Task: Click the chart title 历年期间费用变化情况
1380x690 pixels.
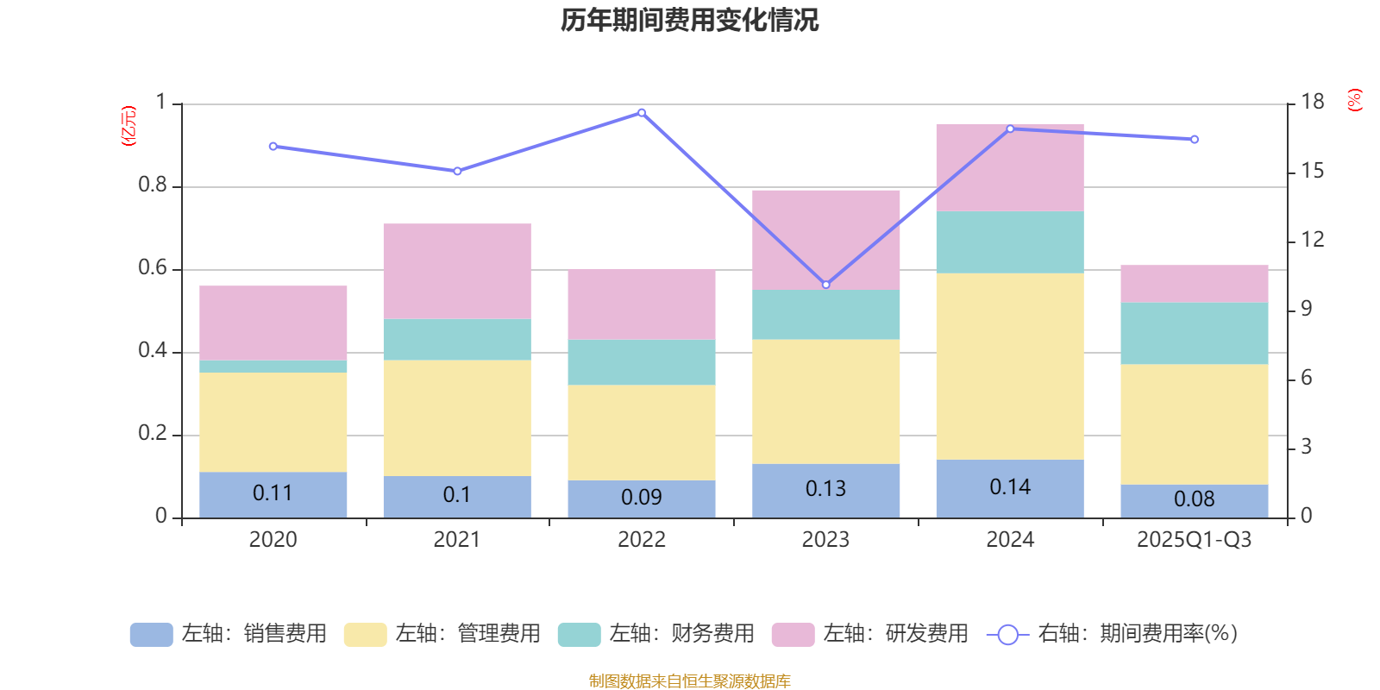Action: click(689, 20)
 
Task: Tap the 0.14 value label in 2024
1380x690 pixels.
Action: click(1010, 487)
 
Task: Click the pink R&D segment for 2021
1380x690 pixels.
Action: click(457, 271)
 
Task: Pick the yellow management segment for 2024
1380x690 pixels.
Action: click(1010, 367)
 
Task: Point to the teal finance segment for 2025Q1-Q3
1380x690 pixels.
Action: click(1195, 333)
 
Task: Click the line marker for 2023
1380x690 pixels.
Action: click(825, 285)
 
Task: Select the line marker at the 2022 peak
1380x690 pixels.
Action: click(642, 113)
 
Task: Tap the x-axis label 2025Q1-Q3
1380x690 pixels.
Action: click(1194, 540)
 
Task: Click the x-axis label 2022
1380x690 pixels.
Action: click(642, 540)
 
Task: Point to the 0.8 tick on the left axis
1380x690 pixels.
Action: click(152, 185)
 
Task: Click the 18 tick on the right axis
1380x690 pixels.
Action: click(1313, 102)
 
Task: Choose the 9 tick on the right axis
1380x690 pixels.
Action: click(1307, 309)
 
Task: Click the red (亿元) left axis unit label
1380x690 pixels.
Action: click(129, 126)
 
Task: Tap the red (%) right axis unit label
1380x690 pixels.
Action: click(1355, 100)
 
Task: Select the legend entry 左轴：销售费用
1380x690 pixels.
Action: click(229, 634)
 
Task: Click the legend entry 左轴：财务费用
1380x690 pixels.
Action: click(656, 634)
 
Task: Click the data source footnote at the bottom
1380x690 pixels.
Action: click(689, 681)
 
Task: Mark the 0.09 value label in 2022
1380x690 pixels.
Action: click(642, 498)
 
